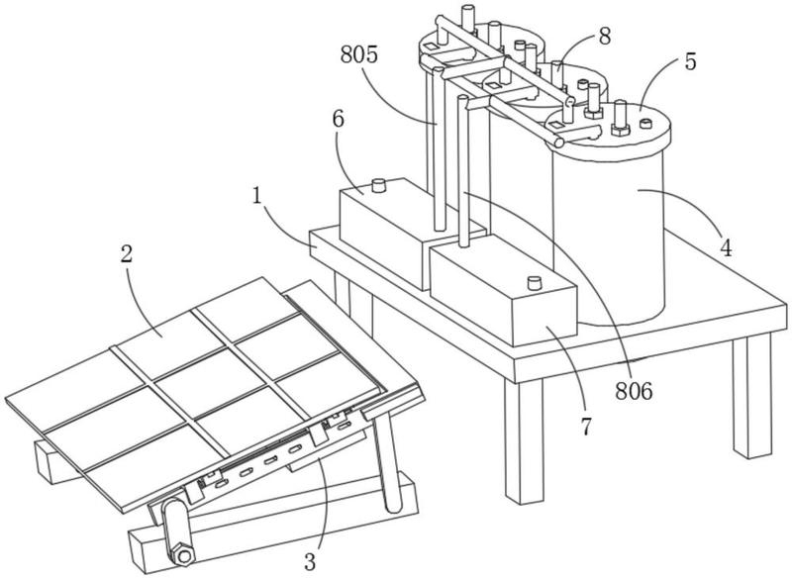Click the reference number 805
[359, 54]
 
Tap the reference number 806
[634, 391]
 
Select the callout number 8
[605, 37]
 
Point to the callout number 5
[690, 61]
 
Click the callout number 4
[726, 247]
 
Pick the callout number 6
[338, 119]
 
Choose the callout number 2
[127, 254]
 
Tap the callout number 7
[585, 427]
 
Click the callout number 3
[310, 561]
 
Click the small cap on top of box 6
[379, 185]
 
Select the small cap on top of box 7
[534, 283]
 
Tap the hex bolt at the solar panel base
[183, 555]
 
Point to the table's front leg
[524, 440]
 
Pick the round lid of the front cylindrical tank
[609, 127]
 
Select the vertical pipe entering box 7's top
[463, 171]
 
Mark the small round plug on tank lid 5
[646, 123]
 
